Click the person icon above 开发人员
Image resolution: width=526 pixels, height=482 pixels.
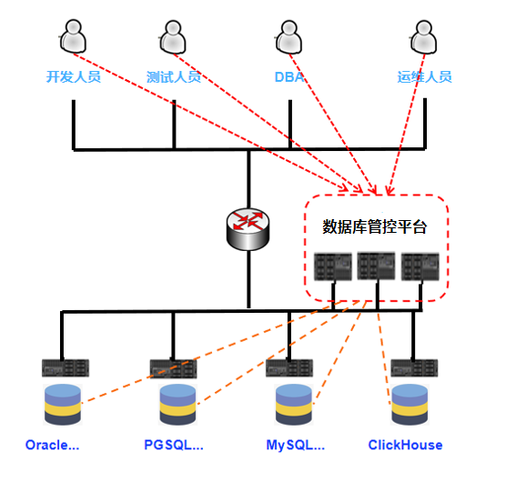click(73, 36)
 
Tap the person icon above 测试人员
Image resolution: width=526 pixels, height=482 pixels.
click(173, 37)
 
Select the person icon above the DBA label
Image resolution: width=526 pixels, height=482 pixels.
click(288, 37)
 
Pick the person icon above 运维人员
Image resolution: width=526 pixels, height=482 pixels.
click(423, 37)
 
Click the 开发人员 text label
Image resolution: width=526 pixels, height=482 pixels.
click(74, 76)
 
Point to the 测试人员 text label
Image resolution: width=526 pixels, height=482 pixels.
click(174, 77)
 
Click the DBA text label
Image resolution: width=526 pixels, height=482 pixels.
click(289, 77)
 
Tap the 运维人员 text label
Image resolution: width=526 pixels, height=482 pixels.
click(425, 77)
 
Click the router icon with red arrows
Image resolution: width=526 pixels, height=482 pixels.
click(248, 229)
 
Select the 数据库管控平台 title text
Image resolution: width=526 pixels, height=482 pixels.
click(374, 227)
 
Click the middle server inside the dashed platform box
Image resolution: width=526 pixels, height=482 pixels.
click(376, 266)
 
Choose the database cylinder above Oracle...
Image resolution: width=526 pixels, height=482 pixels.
click(63, 405)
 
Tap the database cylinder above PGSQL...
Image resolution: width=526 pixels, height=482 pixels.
click(177, 405)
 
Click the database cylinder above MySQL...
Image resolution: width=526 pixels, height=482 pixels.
click(294, 405)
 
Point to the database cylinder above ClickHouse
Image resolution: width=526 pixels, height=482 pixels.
click(410, 405)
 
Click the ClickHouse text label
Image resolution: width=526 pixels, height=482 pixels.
click(405, 445)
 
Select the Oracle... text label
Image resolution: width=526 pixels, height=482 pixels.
click(53, 445)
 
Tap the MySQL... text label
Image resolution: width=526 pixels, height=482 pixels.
click(296, 446)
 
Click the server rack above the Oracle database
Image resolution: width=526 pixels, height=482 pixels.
click(66, 368)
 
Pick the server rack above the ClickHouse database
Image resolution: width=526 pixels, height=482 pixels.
click(414, 368)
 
